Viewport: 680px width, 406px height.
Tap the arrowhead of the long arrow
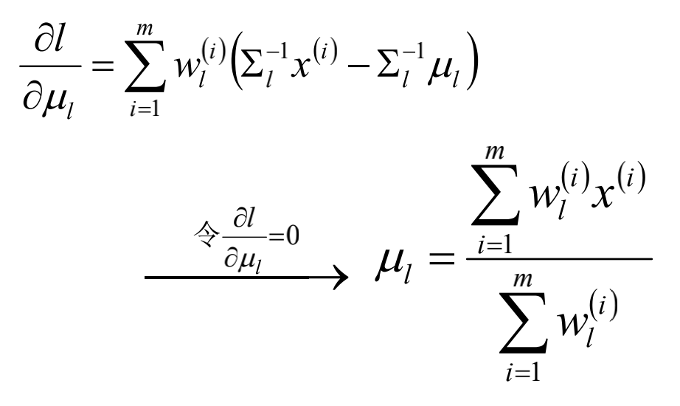[326, 278]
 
